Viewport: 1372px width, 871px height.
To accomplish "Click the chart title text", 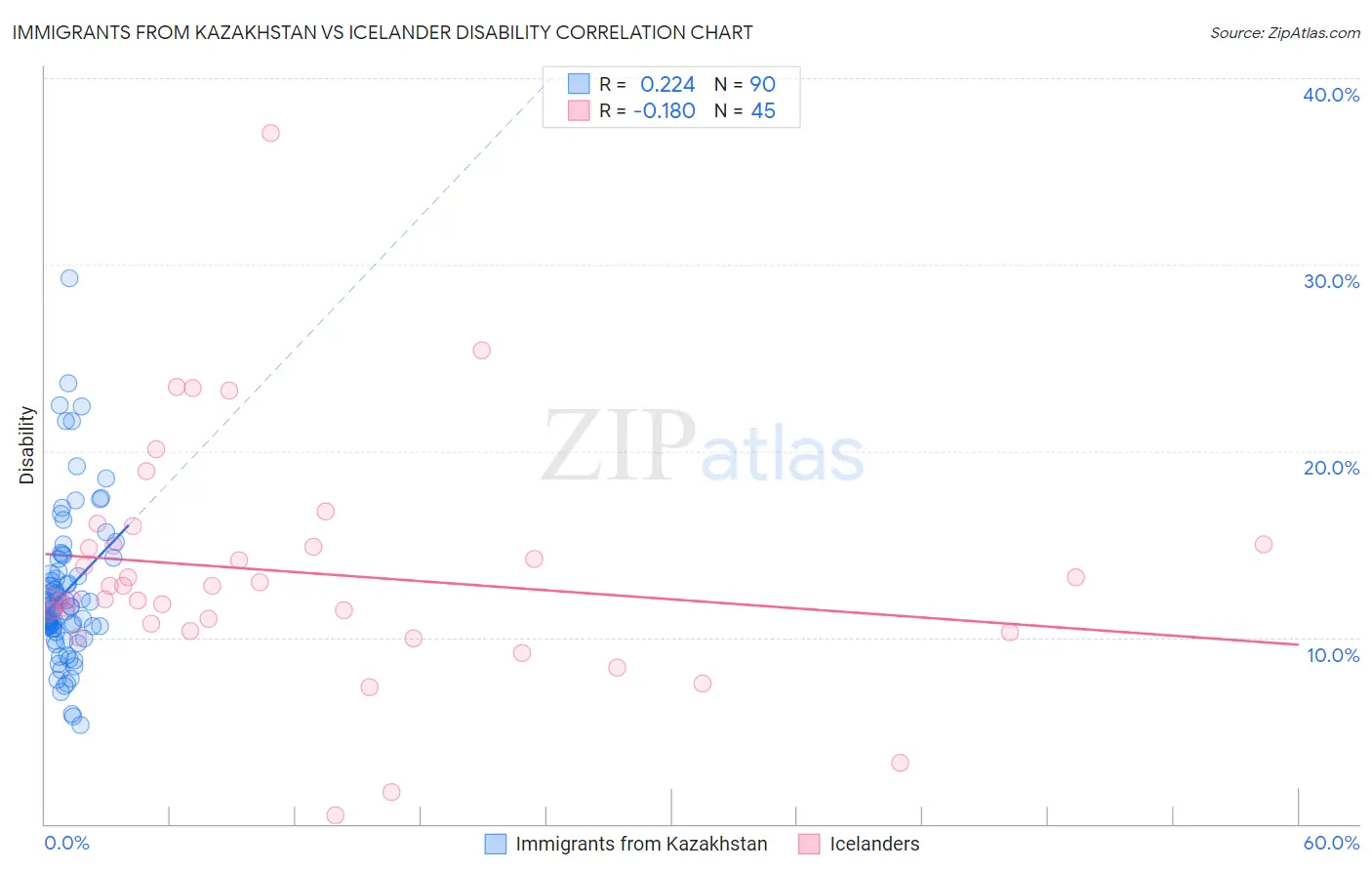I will click(x=383, y=32).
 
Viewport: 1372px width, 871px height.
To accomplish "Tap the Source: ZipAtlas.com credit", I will click(x=1284, y=33).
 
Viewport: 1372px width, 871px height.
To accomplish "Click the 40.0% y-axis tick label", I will click(x=1331, y=95).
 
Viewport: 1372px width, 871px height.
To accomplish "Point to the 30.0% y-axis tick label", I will click(x=1331, y=281).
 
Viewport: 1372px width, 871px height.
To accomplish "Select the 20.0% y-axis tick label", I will click(x=1331, y=468).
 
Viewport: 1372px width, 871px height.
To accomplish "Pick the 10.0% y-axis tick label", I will click(x=1333, y=655).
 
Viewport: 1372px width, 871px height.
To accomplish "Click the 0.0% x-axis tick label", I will click(x=66, y=843).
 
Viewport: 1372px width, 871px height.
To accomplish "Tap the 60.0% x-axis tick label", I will click(x=1331, y=843).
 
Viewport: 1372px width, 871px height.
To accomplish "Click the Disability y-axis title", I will click(x=27, y=445).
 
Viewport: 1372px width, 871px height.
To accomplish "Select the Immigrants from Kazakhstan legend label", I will click(x=641, y=844).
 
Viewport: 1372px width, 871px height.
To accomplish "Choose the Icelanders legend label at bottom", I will click(x=874, y=844).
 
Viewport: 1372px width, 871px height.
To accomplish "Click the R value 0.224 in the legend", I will click(x=667, y=85).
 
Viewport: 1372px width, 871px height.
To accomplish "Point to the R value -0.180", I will click(x=664, y=111).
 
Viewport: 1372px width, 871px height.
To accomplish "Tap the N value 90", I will click(x=762, y=85).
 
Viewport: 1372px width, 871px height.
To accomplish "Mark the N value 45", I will click(x=762, y=111).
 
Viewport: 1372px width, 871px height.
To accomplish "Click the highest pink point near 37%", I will click(x=270, y=133).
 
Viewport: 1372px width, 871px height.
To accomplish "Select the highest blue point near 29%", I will click(x=69, y=278).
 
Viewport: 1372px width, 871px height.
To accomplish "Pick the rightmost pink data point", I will click(x=1263, y=545).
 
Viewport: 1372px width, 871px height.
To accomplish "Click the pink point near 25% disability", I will click(x=481, y=351).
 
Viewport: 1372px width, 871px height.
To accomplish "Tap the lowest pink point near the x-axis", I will click(x=335, y=815).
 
